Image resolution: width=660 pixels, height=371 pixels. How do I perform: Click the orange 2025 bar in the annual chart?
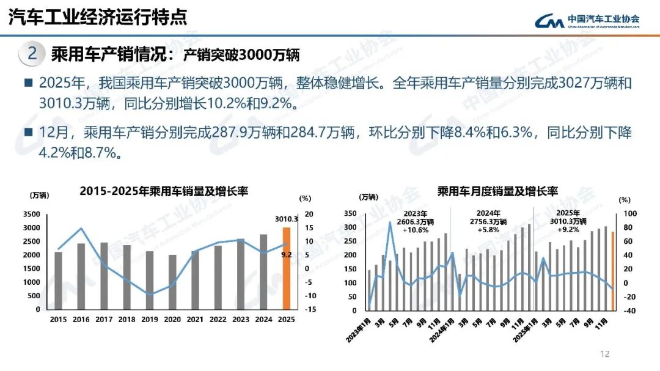tap(286, 268)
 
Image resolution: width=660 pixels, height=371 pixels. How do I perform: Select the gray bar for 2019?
tap(150, 280)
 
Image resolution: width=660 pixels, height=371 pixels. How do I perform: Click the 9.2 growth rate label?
tap(286, 254)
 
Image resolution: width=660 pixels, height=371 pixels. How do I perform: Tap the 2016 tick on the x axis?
tap(81, 319)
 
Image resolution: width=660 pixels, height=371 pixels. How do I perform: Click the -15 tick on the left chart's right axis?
tap(309, 309)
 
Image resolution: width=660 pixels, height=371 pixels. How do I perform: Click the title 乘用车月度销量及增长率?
tap(497, 191)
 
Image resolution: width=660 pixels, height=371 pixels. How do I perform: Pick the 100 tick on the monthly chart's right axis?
tap(626, 213)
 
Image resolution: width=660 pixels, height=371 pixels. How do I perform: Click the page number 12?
tap(605, 354)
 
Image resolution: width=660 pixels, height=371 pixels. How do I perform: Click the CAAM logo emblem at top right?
tap(549, 21)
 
